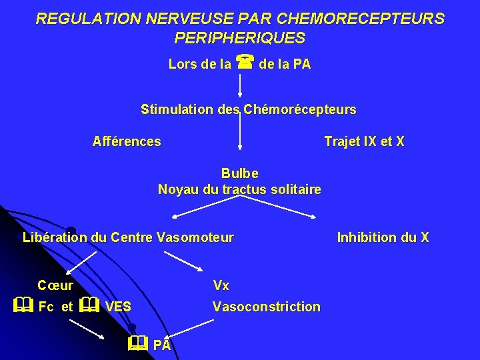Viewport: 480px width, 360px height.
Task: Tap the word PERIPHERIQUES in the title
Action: tap(240, 39)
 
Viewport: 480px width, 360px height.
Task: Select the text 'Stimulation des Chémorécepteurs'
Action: tap(249, 109)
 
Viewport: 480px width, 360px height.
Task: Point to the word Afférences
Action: tap(127, 141)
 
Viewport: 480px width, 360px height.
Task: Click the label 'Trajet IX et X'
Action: tap(364, 141)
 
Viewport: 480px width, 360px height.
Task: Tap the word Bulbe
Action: tap(240, 173)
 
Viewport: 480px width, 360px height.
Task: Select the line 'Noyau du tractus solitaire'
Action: tap(239, 189)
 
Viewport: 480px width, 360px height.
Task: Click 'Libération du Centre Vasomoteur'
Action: tap(128, 237)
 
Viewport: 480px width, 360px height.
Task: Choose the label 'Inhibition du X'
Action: tap(383, 237)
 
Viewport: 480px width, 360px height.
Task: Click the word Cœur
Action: tap(55, 285)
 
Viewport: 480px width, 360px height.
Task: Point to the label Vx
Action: tap(221, 285)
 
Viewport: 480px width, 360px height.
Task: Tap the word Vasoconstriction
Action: tap(266, 307)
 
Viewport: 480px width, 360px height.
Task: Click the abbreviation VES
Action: tap(118, 307)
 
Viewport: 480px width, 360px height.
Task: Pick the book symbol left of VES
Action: tap(89, 306)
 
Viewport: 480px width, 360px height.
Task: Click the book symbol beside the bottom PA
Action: tap(137, 343)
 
